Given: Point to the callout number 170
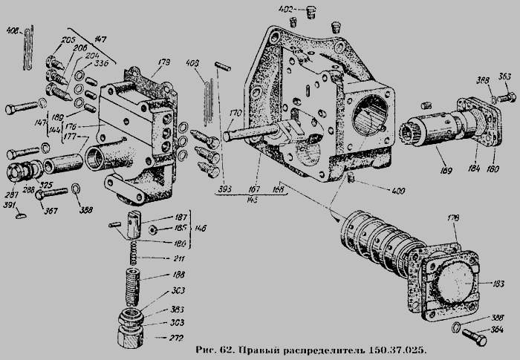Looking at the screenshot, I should (x=235, y=113).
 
